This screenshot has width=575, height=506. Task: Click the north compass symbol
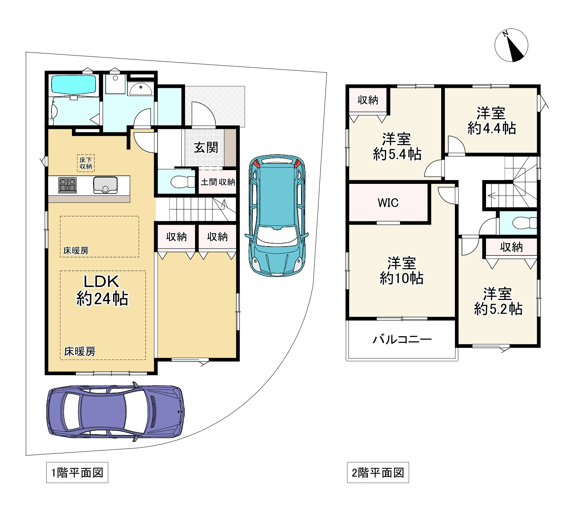[511, 45]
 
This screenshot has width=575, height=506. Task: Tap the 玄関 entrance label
[206, 148]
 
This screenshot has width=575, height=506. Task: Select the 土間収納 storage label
[218, 182]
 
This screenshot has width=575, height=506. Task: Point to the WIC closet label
[388, 203]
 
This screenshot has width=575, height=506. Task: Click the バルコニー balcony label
[402, 339]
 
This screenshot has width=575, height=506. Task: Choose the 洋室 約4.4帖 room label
[492, 120]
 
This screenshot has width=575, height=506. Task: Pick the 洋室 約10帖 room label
[402, 271]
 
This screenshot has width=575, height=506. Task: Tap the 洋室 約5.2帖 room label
[498, 301]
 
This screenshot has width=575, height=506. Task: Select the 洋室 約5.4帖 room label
[397, 146]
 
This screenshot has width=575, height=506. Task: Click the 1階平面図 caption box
[77, 473]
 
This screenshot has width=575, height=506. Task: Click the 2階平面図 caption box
[378, 473]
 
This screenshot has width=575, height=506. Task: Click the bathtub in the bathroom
[73, 85]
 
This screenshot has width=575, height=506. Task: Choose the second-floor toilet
[524, 223]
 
